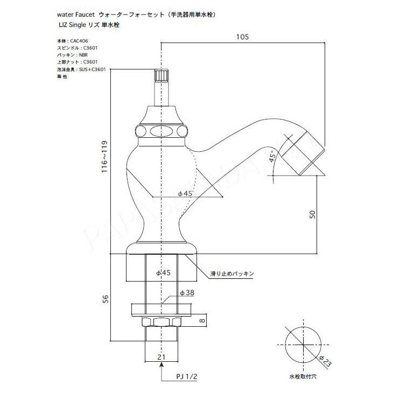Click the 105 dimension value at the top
point(243,37)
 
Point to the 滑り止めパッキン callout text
point(231,273)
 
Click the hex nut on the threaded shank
point(160,322)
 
